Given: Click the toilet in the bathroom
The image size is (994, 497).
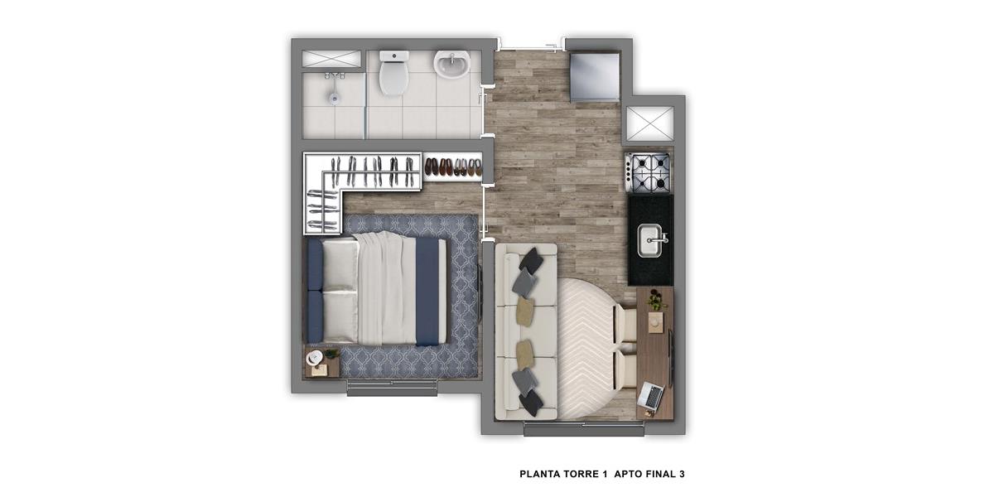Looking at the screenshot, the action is [393, 73].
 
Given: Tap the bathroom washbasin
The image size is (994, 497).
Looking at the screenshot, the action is [451, 64].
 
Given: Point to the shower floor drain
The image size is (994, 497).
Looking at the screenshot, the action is [334, 98].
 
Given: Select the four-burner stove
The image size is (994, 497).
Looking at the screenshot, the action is [648, 173].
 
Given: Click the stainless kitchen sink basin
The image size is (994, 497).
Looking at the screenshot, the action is [650, 240].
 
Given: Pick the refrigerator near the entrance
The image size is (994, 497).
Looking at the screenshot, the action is [595, 77].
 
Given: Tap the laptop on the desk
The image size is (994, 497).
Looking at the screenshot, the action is [650, 395].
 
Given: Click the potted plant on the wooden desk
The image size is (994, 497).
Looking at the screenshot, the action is [656, 300].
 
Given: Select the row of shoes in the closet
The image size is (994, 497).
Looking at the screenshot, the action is [453, 167].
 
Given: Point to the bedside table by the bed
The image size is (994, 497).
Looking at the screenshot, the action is [322, 361].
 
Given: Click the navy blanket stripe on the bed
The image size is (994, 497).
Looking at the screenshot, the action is [427, 292].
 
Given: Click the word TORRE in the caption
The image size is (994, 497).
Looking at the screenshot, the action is [582, 474].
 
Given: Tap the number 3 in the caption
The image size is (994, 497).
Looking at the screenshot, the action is [682, 474].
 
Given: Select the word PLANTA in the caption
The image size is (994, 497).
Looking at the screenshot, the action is [539, 474].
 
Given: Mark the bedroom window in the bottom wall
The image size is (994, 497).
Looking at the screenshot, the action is [393, 388].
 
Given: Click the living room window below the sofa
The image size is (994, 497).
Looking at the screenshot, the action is [583, 429].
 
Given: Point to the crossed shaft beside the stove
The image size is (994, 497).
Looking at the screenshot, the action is [649, 123].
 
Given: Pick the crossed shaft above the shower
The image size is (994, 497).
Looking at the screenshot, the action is [331, 59].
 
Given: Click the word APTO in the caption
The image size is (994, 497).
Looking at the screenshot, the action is [628, 474].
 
